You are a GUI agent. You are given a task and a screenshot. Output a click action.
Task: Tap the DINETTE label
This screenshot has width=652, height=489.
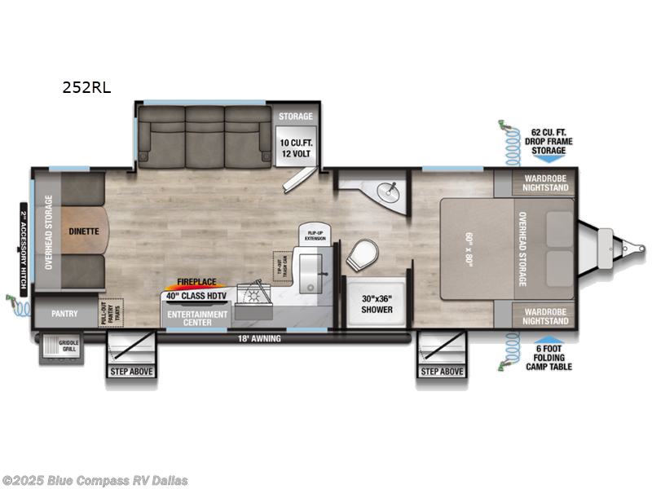[x=83, y=231]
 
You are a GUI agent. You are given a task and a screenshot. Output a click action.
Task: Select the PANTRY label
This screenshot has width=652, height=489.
[x=64, y=312]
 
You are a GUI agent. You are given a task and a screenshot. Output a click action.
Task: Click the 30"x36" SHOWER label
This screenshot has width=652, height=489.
[x=377, y=304]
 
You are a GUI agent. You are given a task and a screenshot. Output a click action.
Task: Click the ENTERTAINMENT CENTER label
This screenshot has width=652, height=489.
[x=197, y=317]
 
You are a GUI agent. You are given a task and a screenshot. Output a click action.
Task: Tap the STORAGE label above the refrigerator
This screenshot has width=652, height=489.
[x=294, y=116]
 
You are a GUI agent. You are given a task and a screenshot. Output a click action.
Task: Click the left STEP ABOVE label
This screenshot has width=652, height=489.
[x=131, y=372]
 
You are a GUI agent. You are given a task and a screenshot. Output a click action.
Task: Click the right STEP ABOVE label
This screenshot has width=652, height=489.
[x=442, y=372]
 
